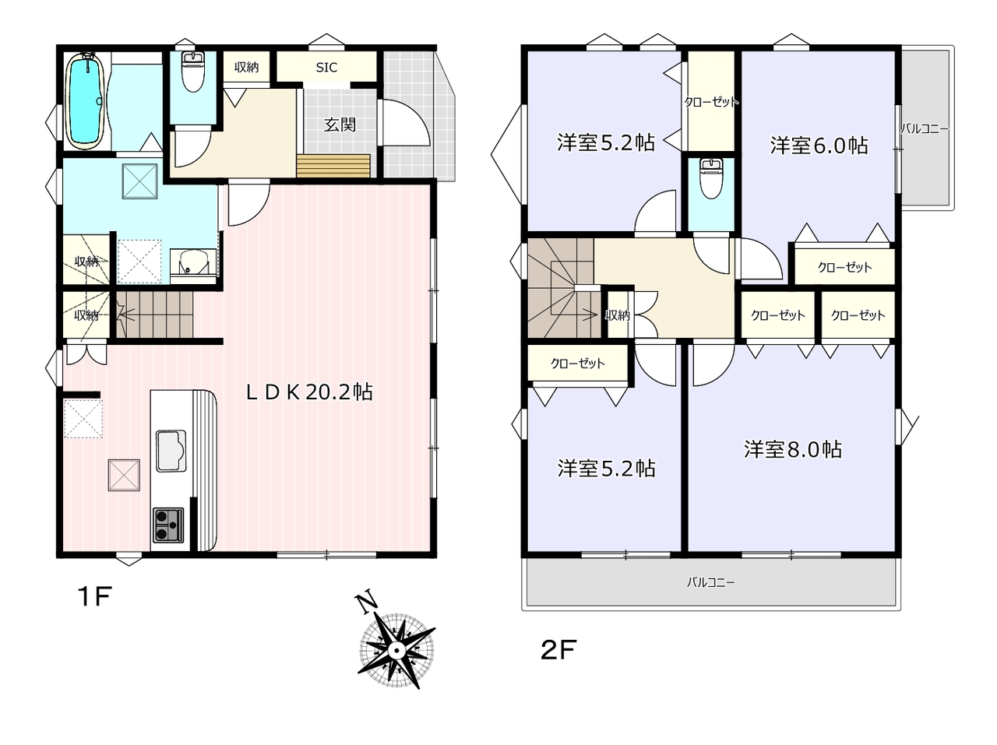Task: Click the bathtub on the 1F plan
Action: pos(86,100)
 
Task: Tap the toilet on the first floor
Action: pos(193,72)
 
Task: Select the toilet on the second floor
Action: pos(711,178)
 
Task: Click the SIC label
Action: pos(326,68)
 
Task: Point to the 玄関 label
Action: pos(340,125)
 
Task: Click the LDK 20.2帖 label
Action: pos(309,392)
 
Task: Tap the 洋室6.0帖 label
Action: pos(819,146)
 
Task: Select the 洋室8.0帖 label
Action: pos(793,449)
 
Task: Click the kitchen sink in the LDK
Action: pos(171,451)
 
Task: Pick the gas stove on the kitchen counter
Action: pos(168,525)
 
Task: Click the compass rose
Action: pos(396,651)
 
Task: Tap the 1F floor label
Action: pos(94,596)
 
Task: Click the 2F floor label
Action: pos(558,650)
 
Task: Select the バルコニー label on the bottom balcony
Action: pos(711,582)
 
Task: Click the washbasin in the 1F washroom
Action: pos(193,263)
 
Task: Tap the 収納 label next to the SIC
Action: pos(246,68)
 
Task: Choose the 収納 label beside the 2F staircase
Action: pos(618,315)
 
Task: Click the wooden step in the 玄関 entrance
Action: pos(333,166)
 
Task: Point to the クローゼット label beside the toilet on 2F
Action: pos(711,102)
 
